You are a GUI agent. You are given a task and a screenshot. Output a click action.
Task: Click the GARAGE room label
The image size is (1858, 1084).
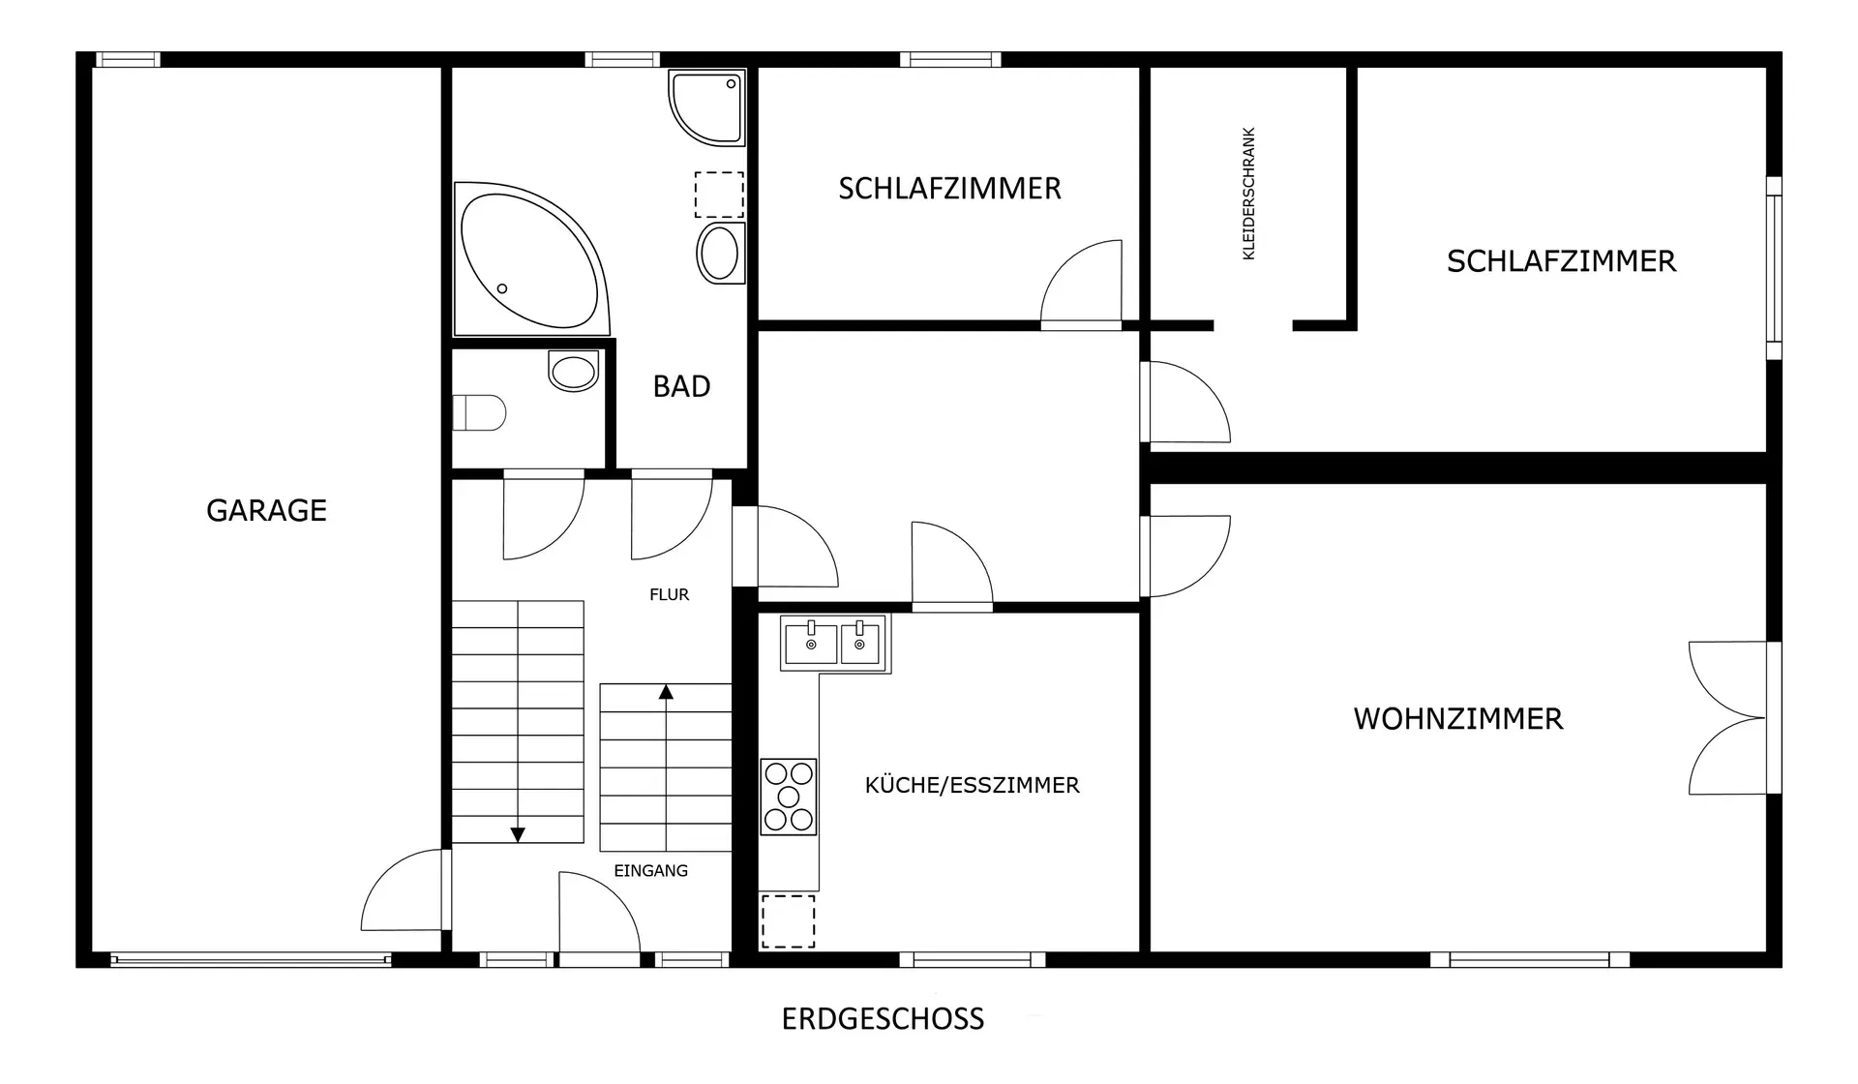(266, 510)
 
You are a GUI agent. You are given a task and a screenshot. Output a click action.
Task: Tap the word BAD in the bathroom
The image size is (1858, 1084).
(681, 386)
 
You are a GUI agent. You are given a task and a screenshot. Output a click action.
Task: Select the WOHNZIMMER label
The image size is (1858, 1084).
(1457, 718)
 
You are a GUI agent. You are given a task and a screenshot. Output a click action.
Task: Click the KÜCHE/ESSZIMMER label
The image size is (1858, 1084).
(972, 784)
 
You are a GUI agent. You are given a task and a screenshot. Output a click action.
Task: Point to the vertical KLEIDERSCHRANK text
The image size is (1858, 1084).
(1248, 194)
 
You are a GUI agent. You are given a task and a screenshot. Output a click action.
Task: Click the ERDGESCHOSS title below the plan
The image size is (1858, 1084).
(883, 1018)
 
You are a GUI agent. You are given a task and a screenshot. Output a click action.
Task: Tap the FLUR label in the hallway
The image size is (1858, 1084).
(669, 594)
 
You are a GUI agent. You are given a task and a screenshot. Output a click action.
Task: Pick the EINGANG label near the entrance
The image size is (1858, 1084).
(650, 870)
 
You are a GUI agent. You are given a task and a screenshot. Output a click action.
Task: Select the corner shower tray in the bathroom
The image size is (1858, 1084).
(707, 106)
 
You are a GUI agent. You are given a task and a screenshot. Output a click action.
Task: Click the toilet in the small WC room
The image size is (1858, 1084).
(479, 412)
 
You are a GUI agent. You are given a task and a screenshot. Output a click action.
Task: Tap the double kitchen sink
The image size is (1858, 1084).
(833, 643)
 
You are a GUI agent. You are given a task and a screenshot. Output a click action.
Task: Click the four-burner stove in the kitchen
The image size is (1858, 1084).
(789, 797)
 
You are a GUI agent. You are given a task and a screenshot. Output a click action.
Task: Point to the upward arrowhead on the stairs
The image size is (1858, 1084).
(666, 691)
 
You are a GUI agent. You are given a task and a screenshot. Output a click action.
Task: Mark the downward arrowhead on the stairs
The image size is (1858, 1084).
(518, 834)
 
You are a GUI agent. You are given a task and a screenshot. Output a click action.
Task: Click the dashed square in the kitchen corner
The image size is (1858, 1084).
(788, 920)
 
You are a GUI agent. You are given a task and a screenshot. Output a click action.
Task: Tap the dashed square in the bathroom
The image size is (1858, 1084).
(719, 195)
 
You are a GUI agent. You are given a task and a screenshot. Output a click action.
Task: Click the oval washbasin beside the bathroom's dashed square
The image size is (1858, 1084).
(721, 253)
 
